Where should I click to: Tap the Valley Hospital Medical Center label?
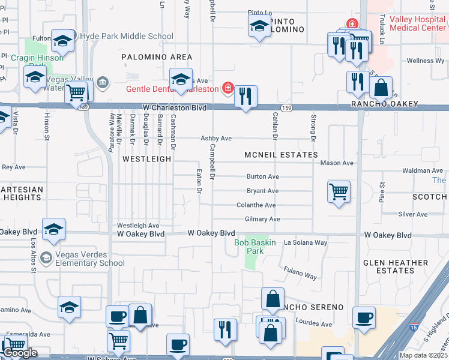418,23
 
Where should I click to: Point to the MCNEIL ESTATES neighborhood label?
281,155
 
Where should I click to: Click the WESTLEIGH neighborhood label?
147,159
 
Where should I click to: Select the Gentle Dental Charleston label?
172,89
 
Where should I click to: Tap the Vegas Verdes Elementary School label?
89,258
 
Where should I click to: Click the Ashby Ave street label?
216,138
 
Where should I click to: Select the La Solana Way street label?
306,242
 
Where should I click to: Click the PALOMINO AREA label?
157,57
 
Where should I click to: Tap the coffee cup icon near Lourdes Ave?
364,318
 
